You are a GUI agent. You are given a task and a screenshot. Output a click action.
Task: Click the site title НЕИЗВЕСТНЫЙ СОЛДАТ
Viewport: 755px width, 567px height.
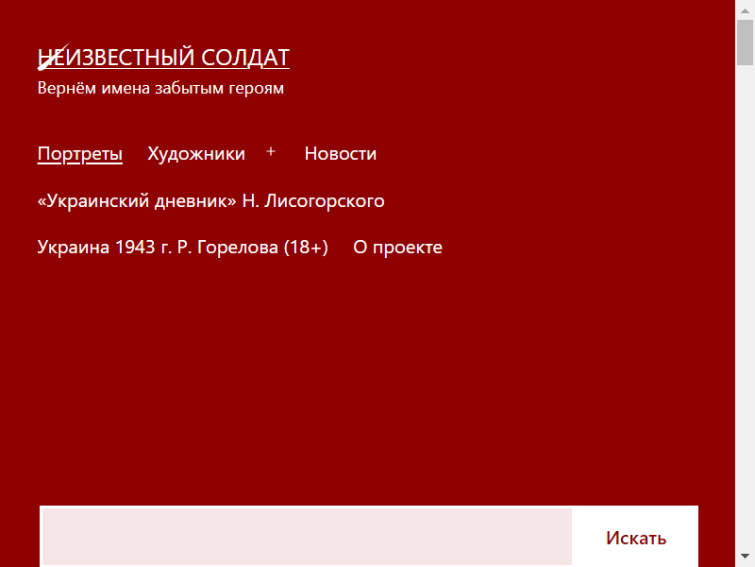coord(163,58)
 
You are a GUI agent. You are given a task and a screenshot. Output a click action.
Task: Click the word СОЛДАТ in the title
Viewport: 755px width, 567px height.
coord(245,58)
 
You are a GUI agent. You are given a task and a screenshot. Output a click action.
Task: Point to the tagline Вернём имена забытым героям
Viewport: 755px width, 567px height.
coord(160,88)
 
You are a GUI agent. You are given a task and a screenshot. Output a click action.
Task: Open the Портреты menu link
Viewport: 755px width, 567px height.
coord(80,154)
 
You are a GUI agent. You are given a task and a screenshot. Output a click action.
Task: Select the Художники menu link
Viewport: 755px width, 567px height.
coord(196,154)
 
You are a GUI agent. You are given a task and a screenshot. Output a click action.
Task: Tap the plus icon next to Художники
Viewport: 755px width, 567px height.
coord(271,151)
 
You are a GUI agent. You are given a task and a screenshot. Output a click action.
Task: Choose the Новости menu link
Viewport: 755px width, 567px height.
coord(341,154)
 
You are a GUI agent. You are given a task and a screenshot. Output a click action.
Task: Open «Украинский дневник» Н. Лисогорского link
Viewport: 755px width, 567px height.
coord(210,200)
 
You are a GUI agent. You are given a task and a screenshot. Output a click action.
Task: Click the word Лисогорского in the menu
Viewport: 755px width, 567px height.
coord(325,201)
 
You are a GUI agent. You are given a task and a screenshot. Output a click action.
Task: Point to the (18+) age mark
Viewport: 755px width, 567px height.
coord(306,248)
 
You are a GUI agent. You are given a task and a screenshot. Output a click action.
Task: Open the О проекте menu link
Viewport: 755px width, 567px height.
coord(397,248)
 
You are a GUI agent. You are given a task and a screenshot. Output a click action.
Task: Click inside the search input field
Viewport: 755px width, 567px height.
coord(308,537)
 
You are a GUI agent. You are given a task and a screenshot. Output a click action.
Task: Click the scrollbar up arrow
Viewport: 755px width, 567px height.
coord(745,10)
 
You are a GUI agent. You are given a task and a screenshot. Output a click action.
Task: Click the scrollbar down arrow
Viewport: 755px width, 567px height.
coord(745,557)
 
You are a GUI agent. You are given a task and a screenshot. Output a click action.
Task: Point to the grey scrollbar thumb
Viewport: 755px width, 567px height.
coord(745,43)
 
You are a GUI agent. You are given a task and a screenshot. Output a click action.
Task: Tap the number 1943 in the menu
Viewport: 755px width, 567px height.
coord(135,248)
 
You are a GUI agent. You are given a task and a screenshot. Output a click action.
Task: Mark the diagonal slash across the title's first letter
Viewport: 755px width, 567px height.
coord(54,57)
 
